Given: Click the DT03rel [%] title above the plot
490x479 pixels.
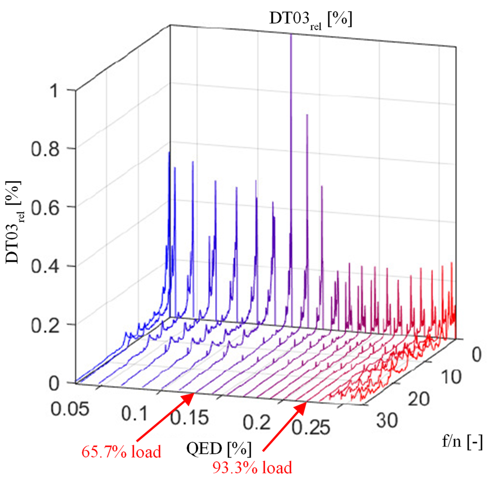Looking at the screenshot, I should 310,20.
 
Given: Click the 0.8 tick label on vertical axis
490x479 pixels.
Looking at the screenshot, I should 45,150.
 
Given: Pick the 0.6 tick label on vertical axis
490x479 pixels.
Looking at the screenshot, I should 45,208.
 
